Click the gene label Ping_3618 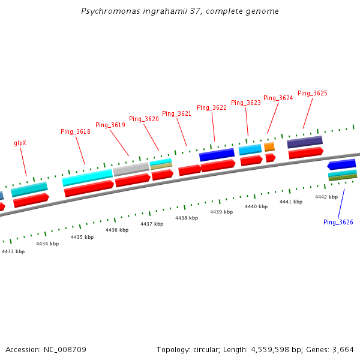(76, 131)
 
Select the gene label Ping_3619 (110, 125)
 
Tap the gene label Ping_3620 (144, 119)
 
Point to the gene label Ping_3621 (177, 113)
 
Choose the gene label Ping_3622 (212, 107)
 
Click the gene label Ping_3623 (246, 103)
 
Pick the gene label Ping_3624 (278, 98)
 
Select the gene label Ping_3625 (313, 93)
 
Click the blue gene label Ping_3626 (338, 222)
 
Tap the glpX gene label (20, 143)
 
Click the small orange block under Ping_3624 (269, 146)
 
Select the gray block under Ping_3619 (131, 169)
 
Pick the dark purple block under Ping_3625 (305, 142)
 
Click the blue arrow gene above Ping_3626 (341, 164)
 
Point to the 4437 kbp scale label (152, 224)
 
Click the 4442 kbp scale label (326, 197)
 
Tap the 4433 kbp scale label (13, 251)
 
